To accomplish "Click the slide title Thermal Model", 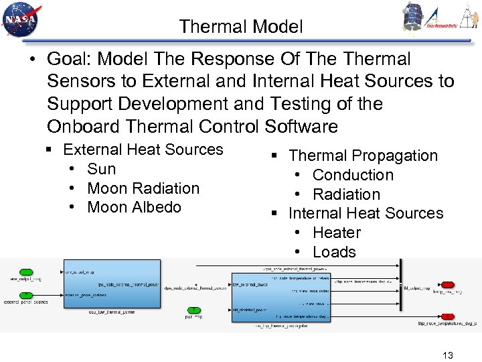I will click(241, 27).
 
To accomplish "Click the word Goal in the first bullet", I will click(70, 59).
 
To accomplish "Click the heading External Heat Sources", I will click(143, 149).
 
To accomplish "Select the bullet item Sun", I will click(101, 169).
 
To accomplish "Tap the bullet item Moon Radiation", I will click(143, 188).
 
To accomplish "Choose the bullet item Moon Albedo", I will click(134, 207).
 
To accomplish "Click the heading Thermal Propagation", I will click(363, 156).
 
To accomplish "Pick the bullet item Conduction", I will click(353, 175).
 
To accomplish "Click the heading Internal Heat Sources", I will click(366, 213).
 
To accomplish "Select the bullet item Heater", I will click(336, 233).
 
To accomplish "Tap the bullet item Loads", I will click(334, 252).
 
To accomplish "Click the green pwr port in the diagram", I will click(193, 310).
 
